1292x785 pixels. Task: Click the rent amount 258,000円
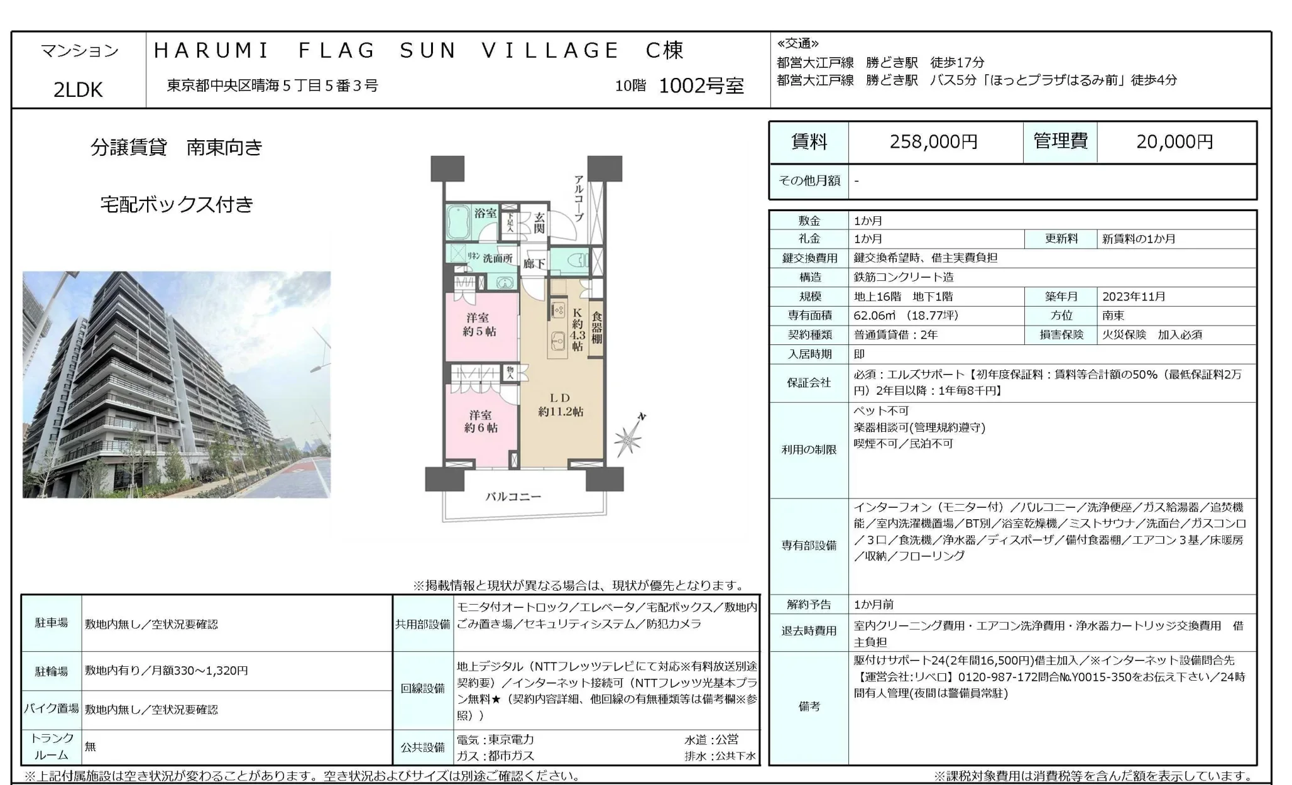pyautogui.click(x=933, y=142)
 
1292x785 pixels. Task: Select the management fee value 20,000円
pyautogui.click(x=1174, y=142)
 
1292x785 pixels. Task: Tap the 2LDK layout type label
pyautogui.click(x=78, y=90)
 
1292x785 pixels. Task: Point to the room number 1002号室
pyautogui.click(x=701, y=85)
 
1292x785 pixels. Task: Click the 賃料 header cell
pyautogui.click(x=809, y=142)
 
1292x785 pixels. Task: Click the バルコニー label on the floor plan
pyautogui.click(x=513, y=497)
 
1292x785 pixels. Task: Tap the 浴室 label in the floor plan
pyautogui.click(x=485, y=213)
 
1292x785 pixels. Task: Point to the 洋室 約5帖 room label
pyautogui.click(x=479, y=324)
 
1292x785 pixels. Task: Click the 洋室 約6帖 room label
pyautogui.click(x=481, y=421)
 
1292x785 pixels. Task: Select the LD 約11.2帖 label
pyautogui.click(x=560, y=405)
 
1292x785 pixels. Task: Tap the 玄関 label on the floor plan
pyautogui.click(x=539, y=222)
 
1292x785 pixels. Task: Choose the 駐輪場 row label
pyautogui.click(x=52, y=671)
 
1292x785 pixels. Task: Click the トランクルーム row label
pyautogui.click(x=52, y=746)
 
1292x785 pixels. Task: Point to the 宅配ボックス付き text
pyautogui.click(x=177, y=205)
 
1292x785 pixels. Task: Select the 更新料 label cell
pyautogui.click(x=1061, y=239)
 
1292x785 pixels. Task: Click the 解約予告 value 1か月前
pyautogui.click(x=873, y=605)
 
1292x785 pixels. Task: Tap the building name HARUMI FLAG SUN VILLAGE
pyautogui.click(x=386, y=50)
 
